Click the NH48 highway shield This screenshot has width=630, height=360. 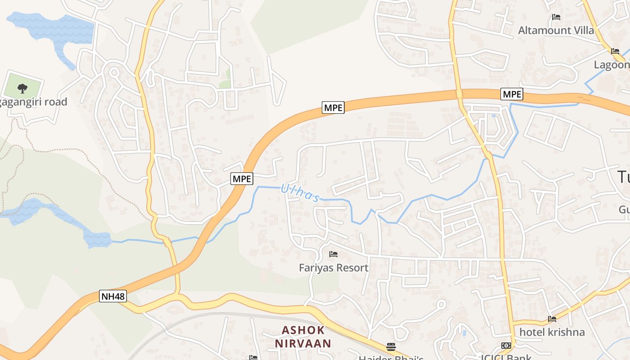pos(113,296)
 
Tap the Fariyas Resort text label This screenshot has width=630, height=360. pos(333,268)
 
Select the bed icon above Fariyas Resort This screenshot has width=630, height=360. pos(333,254)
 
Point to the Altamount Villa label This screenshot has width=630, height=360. pos(556,30)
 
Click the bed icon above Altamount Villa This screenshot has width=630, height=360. pos(556,17)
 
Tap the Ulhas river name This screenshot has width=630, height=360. pos(300,193)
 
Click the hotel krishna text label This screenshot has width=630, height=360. pos(552,332)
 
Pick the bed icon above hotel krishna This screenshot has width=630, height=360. pos(552,319)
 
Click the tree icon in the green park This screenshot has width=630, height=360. pos(22,88)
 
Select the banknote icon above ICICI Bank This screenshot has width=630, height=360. pos(506,346)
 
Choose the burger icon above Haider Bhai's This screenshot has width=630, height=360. pos(391,346)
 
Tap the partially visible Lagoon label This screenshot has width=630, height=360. pos(612,64)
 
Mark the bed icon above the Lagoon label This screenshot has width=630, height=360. pos(615,51)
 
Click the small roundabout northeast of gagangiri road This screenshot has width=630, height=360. pos(113,72)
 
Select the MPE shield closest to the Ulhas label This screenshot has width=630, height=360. pos(242,179)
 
